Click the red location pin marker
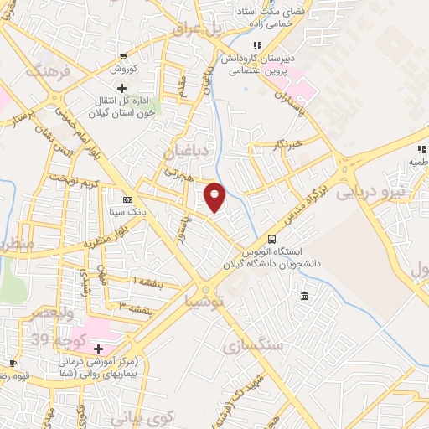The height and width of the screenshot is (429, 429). point(216,196)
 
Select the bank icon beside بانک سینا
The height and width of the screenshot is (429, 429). point(127,199)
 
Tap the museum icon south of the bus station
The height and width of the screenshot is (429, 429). point(303,297)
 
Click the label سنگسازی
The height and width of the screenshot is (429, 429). point(253,344)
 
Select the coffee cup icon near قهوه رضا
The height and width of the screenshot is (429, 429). point(13,363)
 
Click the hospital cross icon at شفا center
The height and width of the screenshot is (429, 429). point(98,349)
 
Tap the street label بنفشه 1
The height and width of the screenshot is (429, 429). point(147,281)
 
